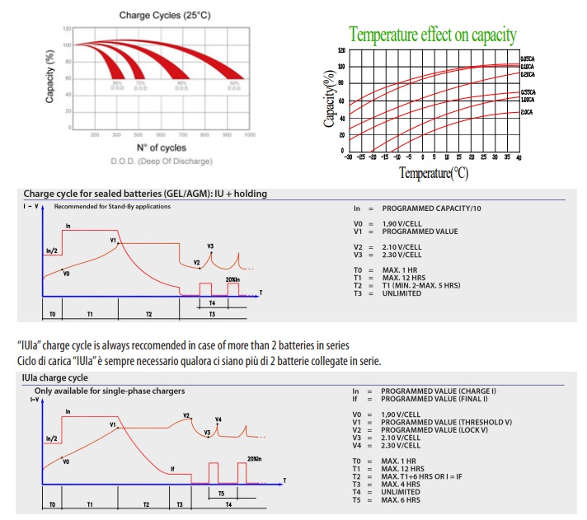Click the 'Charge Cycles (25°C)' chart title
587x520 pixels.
158,15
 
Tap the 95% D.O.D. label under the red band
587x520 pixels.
117,85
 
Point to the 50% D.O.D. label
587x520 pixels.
235,85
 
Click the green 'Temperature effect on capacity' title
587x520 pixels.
433,35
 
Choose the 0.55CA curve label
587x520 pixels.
528,91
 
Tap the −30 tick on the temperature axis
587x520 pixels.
348,157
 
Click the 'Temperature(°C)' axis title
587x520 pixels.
434,173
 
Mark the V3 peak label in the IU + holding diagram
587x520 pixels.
211,246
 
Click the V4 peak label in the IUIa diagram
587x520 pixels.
218,419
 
